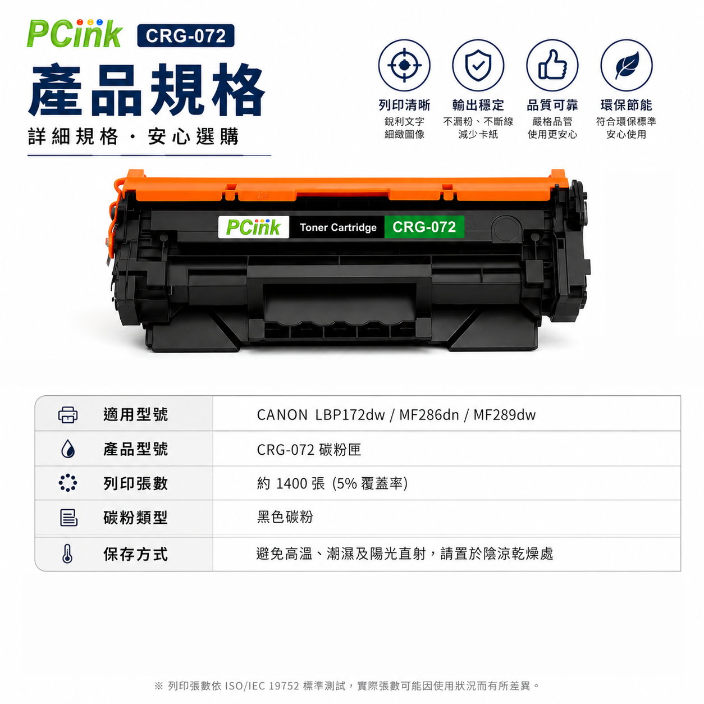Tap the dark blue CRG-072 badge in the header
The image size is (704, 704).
[x=185, y=35]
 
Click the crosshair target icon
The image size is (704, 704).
[x=404, y=65]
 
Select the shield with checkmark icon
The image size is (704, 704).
[x=478, y=65]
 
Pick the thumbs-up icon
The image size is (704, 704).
[x=552, y=65]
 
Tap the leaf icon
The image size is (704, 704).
[x=626, y=65]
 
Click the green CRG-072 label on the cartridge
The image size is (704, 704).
[x=424, y=227]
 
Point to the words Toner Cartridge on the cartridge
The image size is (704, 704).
[x=338, y=227]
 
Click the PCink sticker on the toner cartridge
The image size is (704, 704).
[x=253, y=227]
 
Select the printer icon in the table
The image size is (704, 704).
[x=67, y=415]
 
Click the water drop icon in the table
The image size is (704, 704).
[x=67, y=449]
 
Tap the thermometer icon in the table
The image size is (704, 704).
[x=67, y=554]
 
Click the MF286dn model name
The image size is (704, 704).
[x=429, y=415]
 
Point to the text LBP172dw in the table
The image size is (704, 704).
[x=350, y=415]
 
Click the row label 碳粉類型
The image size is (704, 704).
[x=135, y=518]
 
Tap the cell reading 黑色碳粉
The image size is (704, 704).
[x=285, y=517]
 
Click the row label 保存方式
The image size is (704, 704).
[x=135, y=554]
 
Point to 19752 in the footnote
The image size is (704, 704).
[x=284, y=685]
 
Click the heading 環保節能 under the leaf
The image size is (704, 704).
[x=626, y=105]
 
